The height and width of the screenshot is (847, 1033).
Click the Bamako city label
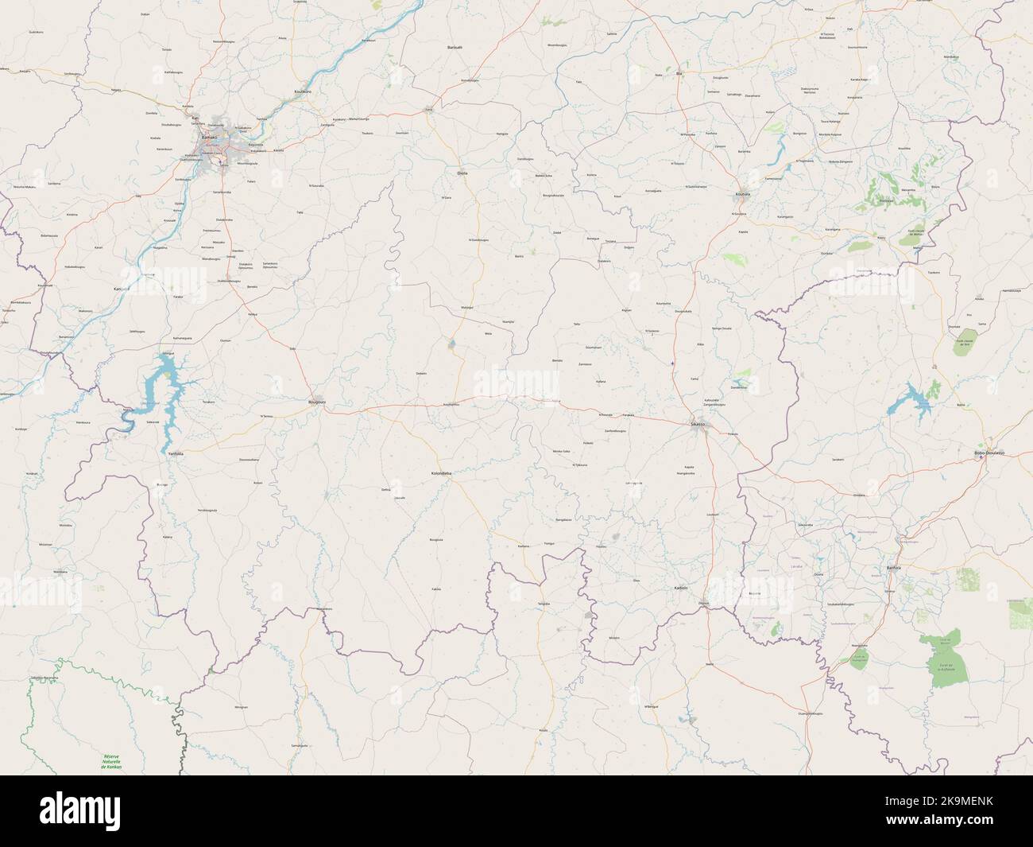tap(209, 138)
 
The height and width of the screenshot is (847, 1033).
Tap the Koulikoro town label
tap(303, 91)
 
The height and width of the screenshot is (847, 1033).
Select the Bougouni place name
tap(317, 402)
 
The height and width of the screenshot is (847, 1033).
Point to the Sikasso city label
tap(698, 425)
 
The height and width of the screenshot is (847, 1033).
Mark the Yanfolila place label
tap(176, 453)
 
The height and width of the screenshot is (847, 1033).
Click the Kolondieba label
tap(442, 474)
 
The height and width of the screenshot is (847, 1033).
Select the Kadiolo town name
tap(680, 588)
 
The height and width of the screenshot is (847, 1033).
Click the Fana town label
tap(429, 109)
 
